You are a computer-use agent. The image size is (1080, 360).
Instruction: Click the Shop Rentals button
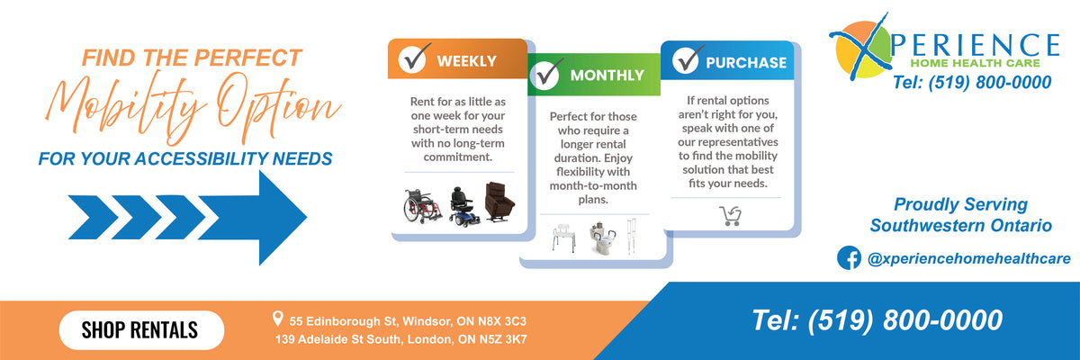(141, 330)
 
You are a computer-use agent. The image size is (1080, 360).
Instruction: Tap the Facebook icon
(849, 257)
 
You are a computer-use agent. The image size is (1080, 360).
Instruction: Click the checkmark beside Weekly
(414, 58)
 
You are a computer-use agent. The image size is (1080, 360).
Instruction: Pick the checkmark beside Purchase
(688, 59)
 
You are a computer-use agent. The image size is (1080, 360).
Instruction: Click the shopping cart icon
(731, 216)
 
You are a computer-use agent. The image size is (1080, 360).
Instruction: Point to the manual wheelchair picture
(422, 206)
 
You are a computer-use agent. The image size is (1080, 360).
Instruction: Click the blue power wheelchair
(463, 207)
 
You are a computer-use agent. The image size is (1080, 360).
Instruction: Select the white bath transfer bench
(564, 238)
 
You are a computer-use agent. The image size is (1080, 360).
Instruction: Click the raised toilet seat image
(603, 238)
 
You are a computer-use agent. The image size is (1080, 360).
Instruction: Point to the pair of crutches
(632, 236)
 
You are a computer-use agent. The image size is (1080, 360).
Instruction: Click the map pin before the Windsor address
(277, 319)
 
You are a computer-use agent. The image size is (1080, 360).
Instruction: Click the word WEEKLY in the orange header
(466, 61)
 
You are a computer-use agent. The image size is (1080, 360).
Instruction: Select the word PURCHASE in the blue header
(746, 63)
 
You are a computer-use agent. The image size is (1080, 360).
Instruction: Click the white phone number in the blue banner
(877, 320)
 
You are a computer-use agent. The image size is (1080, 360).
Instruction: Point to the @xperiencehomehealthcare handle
(968, 259)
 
